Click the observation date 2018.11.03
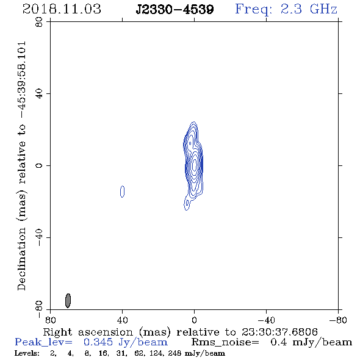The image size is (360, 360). click(x=62, y=9)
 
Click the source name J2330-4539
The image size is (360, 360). click(x=175, y=9)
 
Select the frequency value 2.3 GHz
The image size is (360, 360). click(x=309, y=9)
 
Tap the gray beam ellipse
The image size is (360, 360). click(x=68, y=300)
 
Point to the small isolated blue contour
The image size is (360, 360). click(x=123, y=192)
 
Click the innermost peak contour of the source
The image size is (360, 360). click(x=195, y=164)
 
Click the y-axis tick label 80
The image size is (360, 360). click(x=39, y=22)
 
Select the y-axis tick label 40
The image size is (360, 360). click(x=39, y=94)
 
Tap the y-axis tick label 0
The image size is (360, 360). click(x=39, y=165)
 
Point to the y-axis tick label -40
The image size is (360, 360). click(x=39, y=237)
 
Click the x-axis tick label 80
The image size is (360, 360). click(x=50, y=320)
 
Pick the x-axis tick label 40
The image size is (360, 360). click(x=122, y=320)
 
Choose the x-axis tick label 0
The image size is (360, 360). click(x=194, y=320)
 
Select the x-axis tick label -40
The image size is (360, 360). click(x=266, y=320)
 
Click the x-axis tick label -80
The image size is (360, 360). click(x=338, y=320)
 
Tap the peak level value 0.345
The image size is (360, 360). click(x=98, y=342)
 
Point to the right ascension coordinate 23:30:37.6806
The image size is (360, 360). click(x=279, y=332)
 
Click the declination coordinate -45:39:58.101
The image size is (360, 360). click(x=22, y=80)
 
